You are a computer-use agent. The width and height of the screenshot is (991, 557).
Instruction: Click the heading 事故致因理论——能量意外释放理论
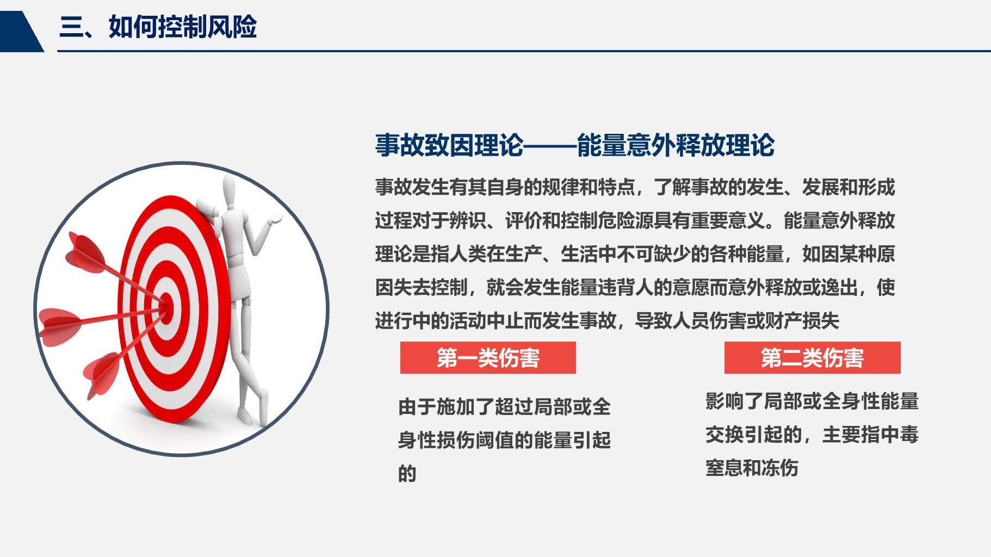[x=574, y=145]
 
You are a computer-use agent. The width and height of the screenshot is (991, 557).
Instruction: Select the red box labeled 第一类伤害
[x=488, y=358]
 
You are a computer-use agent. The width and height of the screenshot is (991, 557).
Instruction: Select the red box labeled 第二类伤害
[x=812, y=358]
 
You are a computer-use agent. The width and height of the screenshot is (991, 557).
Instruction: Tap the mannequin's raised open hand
[x=276, y=218]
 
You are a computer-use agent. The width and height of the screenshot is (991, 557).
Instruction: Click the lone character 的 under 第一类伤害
[x=407, y=474]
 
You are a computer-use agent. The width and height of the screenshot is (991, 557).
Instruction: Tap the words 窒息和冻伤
[x=752, y=468]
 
